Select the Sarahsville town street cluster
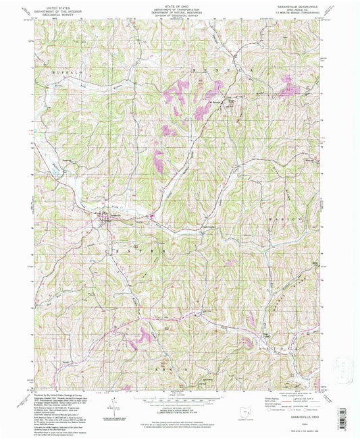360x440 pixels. click(105, 219)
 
